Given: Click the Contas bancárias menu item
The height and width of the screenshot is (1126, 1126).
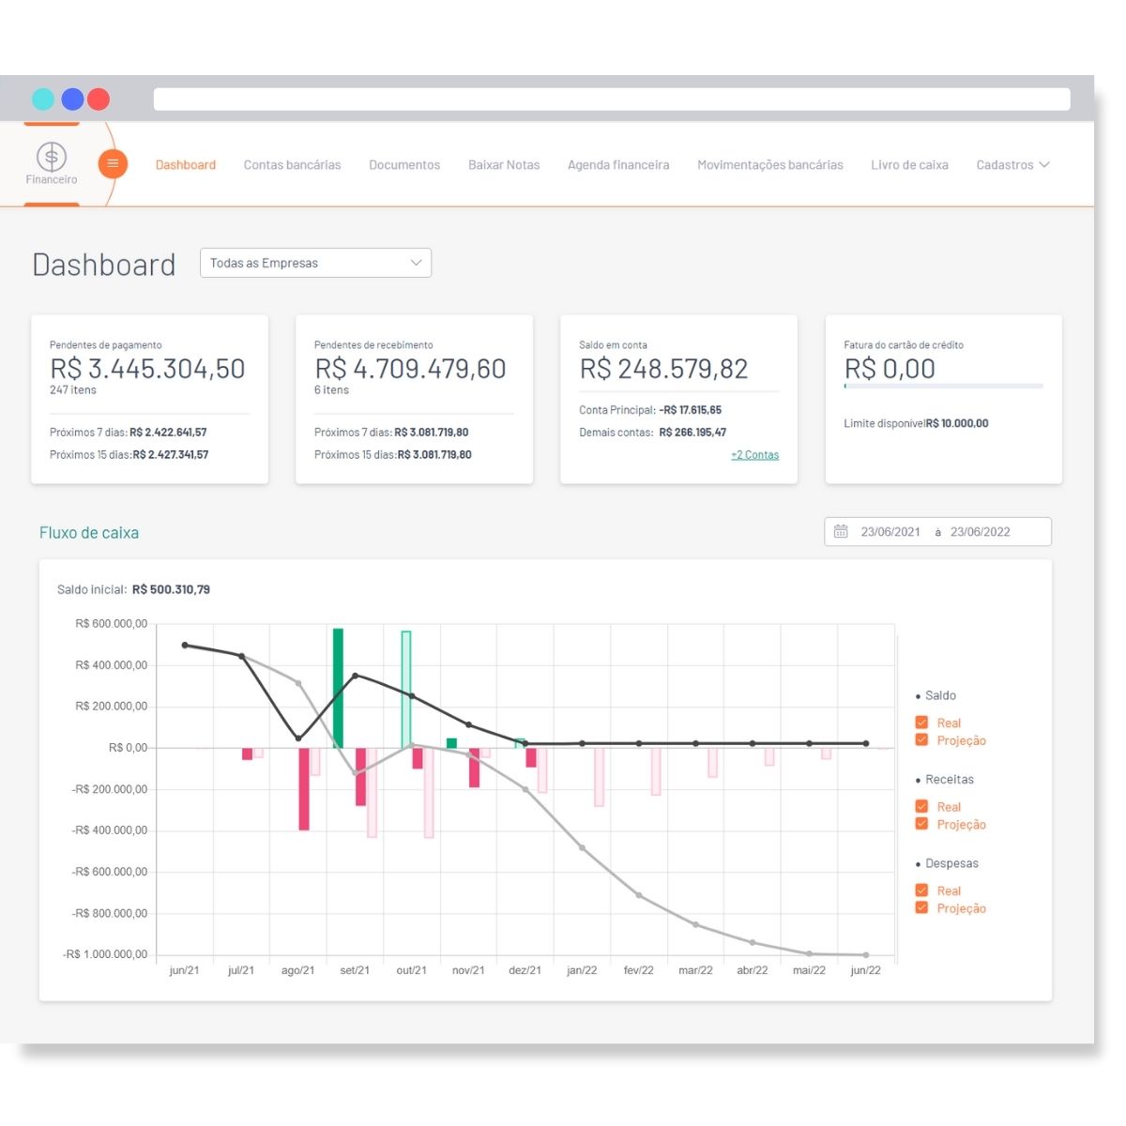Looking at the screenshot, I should pyautogui.click(x=292, y=165).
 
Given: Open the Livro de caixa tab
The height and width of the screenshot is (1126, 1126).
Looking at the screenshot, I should pyautogui.click(x=908, y=165).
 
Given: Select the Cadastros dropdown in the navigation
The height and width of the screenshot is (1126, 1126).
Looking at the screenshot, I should pyautogui.click(x=1012, y=165).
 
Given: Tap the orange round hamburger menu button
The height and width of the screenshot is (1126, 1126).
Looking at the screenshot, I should pyautogui.click(x=113, y=164).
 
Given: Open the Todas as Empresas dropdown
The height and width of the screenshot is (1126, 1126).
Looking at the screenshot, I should pyautogui.click(x=315, y=263).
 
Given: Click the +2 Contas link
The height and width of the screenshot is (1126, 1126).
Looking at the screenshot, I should pyautogui.click(x=754, y=455).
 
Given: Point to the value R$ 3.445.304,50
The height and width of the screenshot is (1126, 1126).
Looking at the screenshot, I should pyautogui.click(x=147, y=369).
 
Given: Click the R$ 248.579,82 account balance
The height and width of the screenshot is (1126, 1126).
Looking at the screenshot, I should pyautogui.click(x=663, y=369).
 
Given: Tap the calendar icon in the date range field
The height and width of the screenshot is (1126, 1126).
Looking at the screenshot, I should pyautogui.click(x=841, y=532).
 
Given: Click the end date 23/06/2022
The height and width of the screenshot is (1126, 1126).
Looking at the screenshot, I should pyautogui.click(x=980, y=532).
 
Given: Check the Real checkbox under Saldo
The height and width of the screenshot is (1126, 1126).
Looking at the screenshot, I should pyautogui.click(x=921, y=723).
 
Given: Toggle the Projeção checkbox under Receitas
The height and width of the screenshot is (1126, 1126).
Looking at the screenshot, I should pyautogui.click(x=921, y=824).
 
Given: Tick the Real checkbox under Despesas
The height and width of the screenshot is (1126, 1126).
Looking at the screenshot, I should pyautogui.click(x=921, y=890).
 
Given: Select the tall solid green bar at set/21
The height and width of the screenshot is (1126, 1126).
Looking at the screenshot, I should pyautogui.click(x=338, y=688).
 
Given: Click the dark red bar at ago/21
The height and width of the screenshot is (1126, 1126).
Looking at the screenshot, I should pyautogui.click(x=304, y=788).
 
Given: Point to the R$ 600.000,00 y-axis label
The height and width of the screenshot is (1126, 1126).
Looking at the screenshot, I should pyautogui.click(x=111, y=624).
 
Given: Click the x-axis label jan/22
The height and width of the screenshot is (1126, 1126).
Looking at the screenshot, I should pyautogui.click(x=582, y=970).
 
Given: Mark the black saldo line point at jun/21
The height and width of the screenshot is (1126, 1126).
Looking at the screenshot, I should pyautogui.click(x=185, y=645).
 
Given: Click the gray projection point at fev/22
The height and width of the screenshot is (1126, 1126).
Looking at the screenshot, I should pyautogui.click(x=639, y=895).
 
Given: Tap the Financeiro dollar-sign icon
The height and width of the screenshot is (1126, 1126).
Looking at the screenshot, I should pyautogui.click(x=52, y=156).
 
